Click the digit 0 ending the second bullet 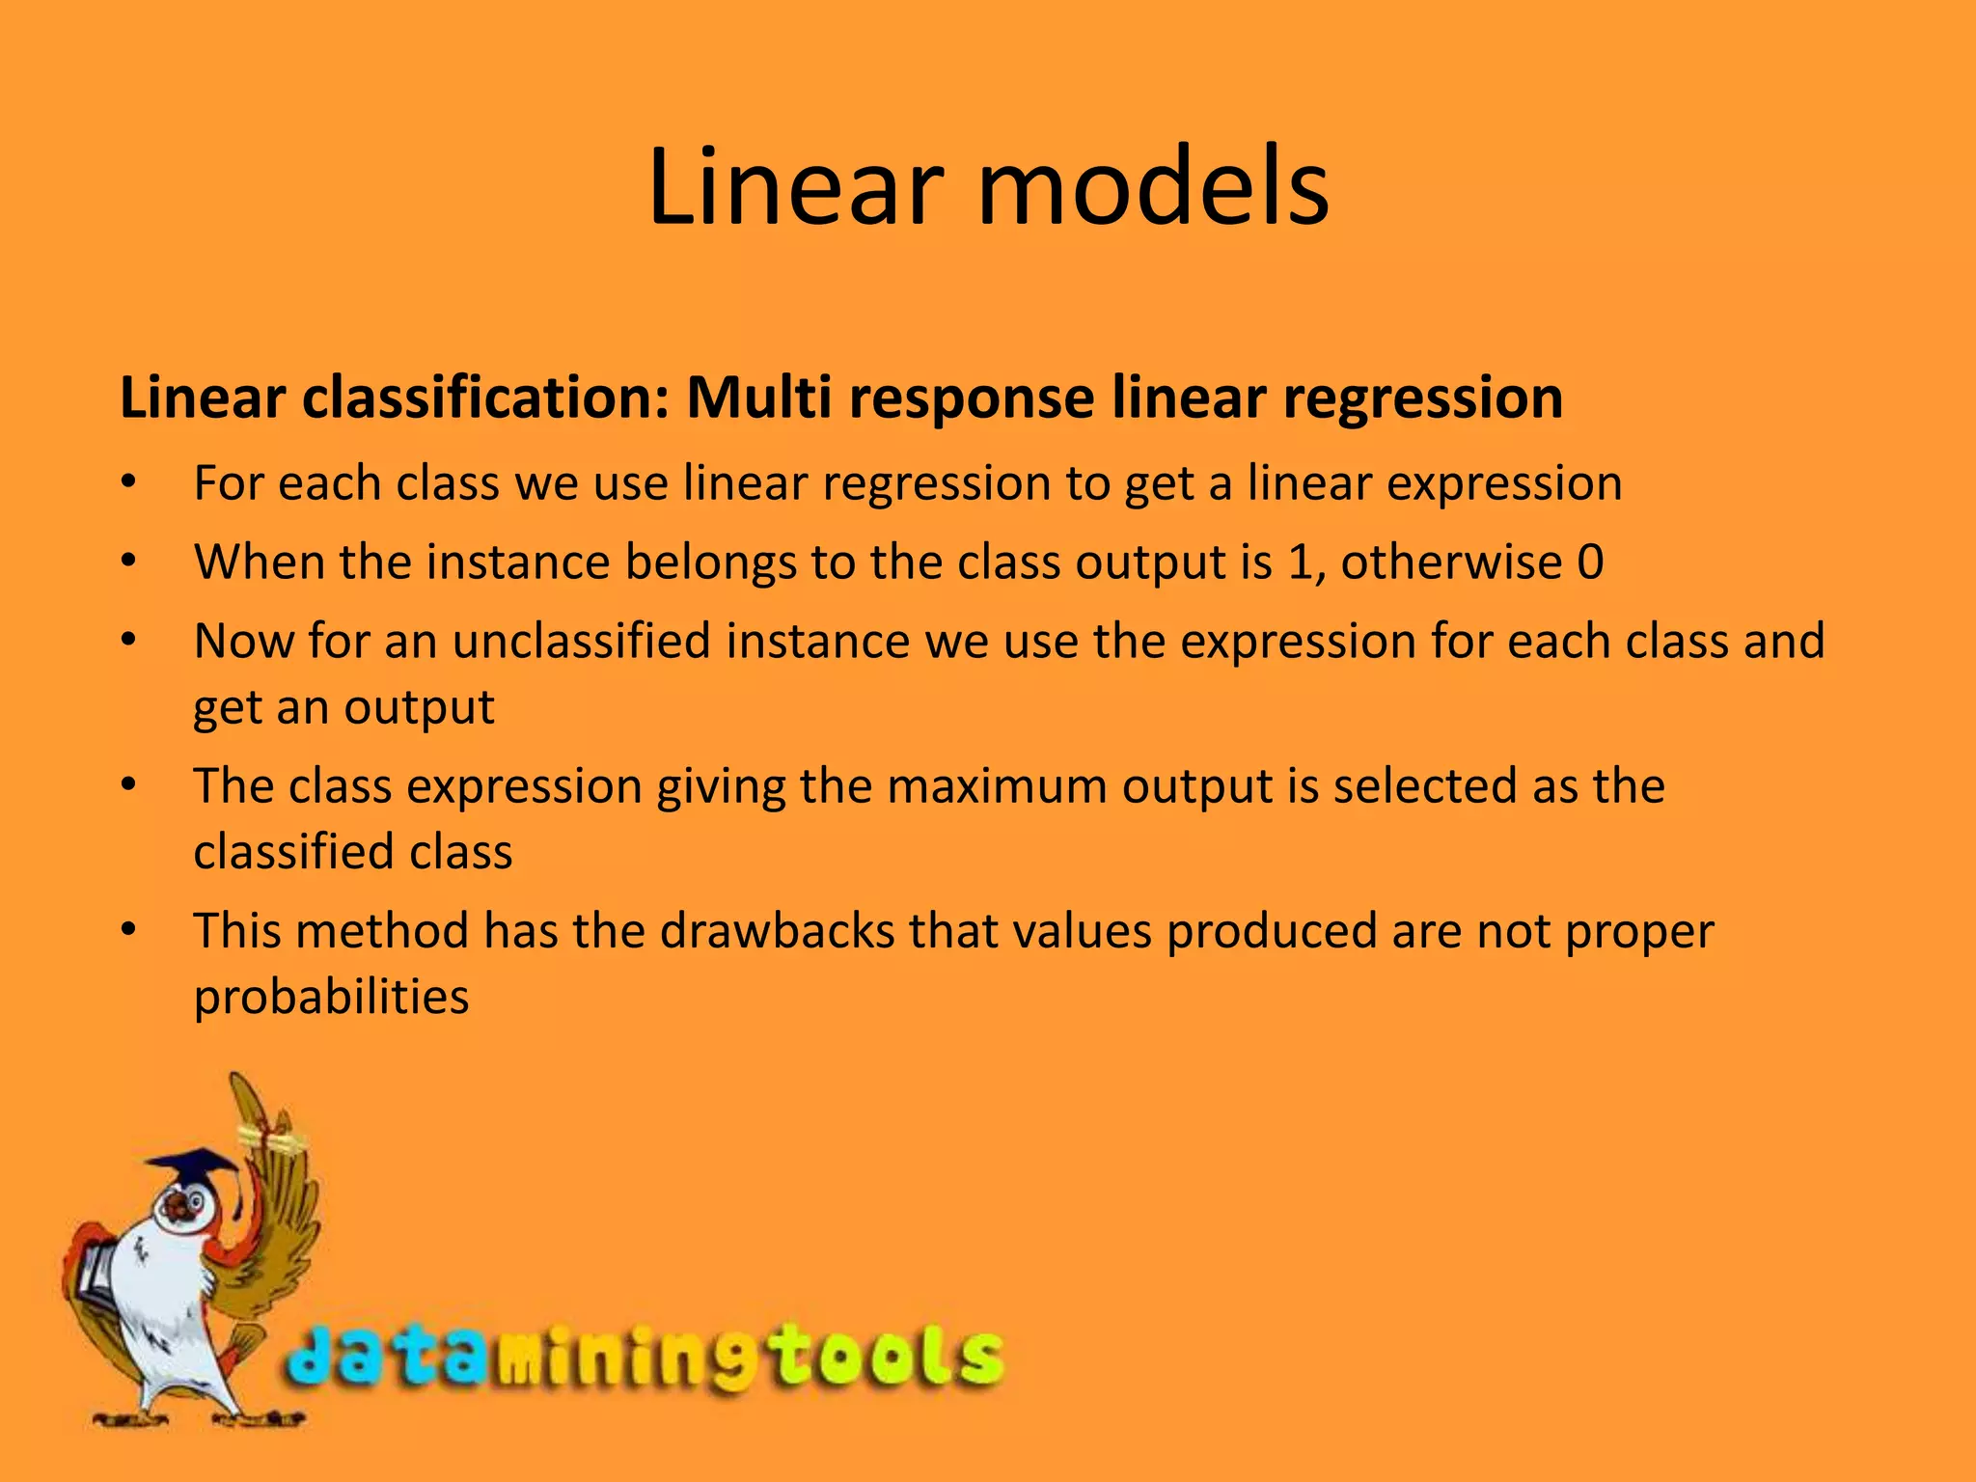(x=1590, y=563)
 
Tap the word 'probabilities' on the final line (x=331, y=997)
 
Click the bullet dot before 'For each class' (x=129, y=483)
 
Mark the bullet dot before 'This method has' (x=129, y=931)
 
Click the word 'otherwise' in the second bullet (x=1451, y=563)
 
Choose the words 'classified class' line (x=352, y=852)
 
